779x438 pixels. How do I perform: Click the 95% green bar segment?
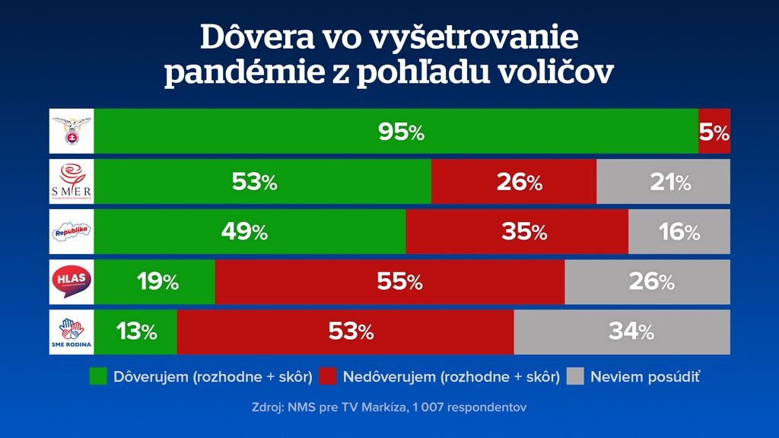pos(396,132)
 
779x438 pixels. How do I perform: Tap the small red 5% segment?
pos(714,132)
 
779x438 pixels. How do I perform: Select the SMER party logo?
pos(71,181)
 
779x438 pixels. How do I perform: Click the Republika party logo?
pos(71,231)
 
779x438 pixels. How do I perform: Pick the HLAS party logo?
pos(71,281)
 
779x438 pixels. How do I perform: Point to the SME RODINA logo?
pos(71,332)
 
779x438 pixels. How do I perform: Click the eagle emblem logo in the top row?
pos(71,132)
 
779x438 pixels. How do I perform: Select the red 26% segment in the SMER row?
pos(514,182)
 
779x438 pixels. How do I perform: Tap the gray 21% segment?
pos(663,182)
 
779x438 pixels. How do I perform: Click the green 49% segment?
pos(250,232)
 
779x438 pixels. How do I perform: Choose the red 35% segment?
pos(517,232)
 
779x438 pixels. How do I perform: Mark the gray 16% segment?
pos(679,232)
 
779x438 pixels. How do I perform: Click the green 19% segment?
pos(154,282)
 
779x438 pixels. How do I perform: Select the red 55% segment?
pos(389,282)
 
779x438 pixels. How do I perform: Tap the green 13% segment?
pos(135,332)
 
